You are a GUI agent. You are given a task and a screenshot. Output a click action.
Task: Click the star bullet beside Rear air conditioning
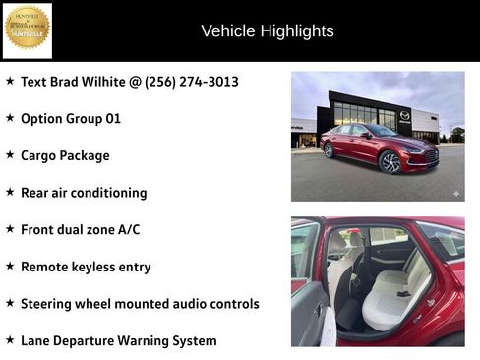point(10,192)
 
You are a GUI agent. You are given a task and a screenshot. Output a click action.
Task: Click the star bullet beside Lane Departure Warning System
point(10,340)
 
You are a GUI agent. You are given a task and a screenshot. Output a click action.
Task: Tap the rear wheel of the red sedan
point(329,150)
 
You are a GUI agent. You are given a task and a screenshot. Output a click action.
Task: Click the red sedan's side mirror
point(366,135)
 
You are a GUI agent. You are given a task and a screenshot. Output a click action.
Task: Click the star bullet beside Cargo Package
point(10,155)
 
